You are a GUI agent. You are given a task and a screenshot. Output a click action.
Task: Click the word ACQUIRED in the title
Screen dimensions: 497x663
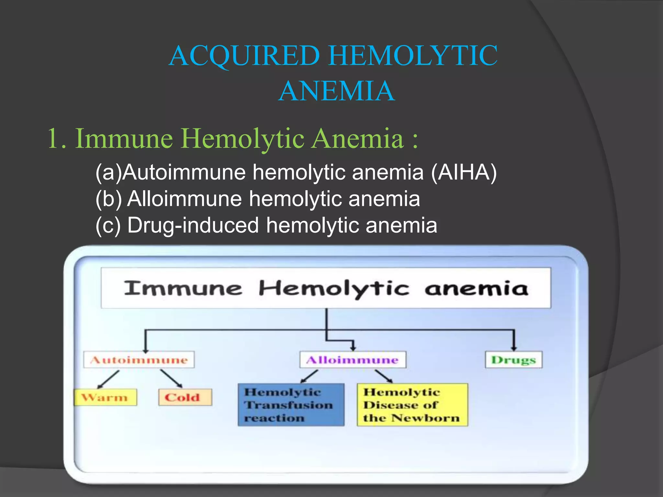pos(244,56)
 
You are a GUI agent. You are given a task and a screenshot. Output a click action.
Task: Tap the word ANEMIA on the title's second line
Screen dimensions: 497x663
pos(336,92)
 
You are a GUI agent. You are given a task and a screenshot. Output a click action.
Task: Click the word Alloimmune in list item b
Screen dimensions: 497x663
pos(185,199)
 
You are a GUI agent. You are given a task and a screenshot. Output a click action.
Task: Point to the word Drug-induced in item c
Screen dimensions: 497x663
pos(193,225)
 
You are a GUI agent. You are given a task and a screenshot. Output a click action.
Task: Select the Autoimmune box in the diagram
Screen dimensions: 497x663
pos(139,360)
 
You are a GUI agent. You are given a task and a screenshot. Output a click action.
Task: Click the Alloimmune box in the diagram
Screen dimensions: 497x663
pos(353,360)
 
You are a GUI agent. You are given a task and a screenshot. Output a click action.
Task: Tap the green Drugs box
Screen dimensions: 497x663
pos(513,360)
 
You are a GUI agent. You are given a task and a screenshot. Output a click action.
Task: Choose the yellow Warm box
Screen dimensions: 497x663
pos(105,397)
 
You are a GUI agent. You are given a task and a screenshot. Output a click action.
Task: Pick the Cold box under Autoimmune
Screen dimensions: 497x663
pos(185,397)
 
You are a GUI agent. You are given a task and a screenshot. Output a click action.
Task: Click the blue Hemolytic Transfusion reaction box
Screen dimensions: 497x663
pos(291,405)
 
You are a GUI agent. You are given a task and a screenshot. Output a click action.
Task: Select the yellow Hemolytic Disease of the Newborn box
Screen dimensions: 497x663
pos(412,405)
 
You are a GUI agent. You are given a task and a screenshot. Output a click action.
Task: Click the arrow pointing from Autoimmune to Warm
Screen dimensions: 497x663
pos(108,379)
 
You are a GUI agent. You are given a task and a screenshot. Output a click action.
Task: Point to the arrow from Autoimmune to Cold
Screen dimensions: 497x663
pos(171,379)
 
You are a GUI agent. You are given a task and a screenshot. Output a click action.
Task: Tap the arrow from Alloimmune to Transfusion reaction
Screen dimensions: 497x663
pos(309,376)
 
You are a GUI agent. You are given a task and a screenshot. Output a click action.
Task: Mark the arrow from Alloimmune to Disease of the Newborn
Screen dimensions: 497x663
pos(384,376)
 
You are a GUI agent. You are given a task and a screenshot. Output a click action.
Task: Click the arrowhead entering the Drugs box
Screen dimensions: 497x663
pos(514,347)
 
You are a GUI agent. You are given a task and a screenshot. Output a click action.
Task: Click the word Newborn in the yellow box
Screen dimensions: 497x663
pos(425,418)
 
